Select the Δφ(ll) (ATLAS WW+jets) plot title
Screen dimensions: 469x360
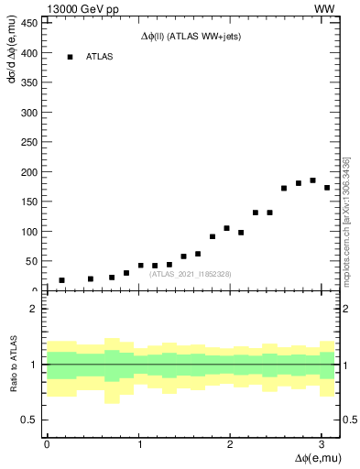(x=191, y=36)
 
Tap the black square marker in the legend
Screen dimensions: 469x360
(x=70, y=57)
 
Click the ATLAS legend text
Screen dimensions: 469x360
(x=100, y=57)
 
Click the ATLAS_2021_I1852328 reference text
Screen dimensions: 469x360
(x=191, y=274)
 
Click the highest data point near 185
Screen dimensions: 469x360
(x=312, y=180)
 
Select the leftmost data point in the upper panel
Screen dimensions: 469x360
(x=61, y=280)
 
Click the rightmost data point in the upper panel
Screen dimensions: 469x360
(x=327, y=188)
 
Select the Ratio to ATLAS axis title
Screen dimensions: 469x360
(x=14, y=364)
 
